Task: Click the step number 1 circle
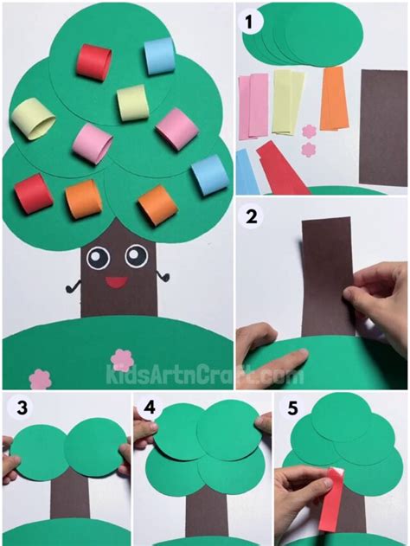[x=253, y=22]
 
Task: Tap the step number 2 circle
[x=253, y=220]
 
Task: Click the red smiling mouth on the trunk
[x=113, y=279]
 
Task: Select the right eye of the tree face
[x=136, y=255]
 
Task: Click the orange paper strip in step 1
[x=333, y=98]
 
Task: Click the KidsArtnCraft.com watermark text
[x=204, y=376]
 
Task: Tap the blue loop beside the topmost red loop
[x=159, y=56]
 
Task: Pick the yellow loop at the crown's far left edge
[x=32, y=119]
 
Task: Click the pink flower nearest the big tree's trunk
[x=121, y=357]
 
